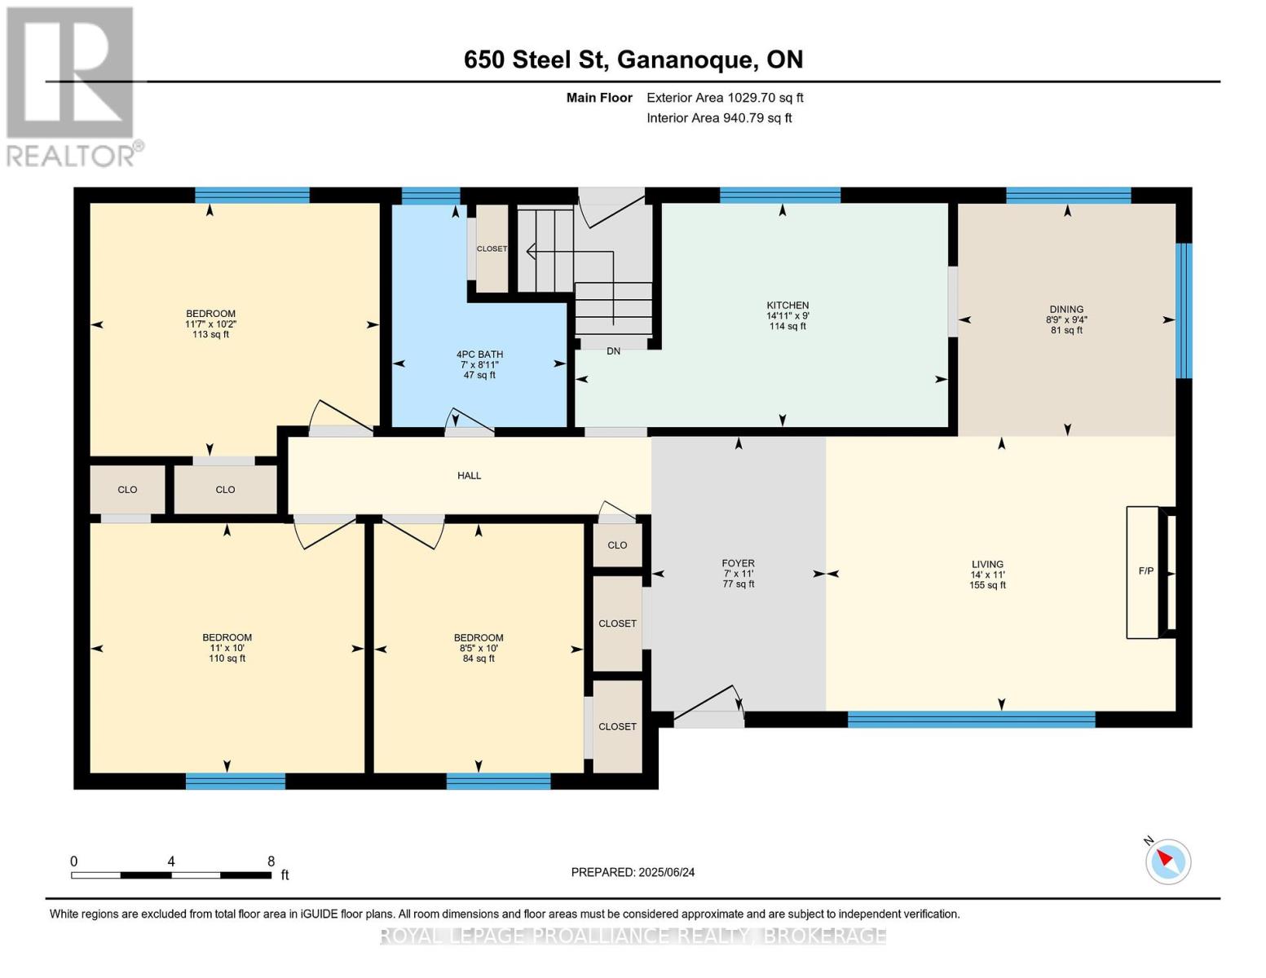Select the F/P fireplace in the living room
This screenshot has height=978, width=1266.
click(1144, 571)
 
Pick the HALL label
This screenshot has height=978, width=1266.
click(469, 475)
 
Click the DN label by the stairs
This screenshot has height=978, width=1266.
click(613, 351)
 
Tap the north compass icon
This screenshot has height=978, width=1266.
click(1167, 861)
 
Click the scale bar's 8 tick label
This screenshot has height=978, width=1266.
click(271, 861)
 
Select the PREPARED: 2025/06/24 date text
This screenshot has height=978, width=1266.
click(633, 872)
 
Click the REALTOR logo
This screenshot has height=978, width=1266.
click(72, 86)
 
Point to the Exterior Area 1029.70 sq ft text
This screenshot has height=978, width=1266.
click(725, 98)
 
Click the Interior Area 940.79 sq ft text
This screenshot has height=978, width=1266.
click(719, 118)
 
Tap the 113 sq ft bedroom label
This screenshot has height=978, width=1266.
click(210, 324)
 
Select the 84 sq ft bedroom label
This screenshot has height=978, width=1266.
click(479, 648)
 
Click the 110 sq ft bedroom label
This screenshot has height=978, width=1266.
click(227, 648)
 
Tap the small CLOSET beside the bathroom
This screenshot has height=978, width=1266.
click(492, 249)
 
